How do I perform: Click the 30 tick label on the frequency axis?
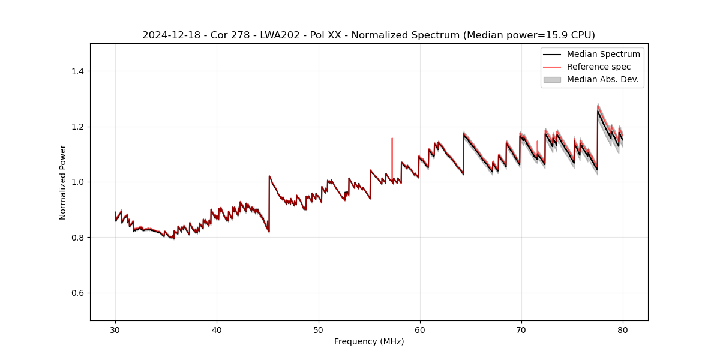pos(115,329)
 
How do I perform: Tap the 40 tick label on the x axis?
pos(217,329)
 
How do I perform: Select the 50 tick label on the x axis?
pos(319,329)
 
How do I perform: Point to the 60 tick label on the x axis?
pos(420,329)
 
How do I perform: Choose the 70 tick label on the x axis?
pos(521,329)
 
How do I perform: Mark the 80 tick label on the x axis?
pos(623,329)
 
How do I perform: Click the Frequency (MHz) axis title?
pos(369,341)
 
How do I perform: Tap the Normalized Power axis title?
pos(63,182)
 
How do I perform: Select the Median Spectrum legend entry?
pos(603,54)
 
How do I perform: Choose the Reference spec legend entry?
pos(599,67)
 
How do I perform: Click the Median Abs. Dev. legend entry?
pos(602,79)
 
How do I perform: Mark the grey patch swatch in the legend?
pos(552,79)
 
